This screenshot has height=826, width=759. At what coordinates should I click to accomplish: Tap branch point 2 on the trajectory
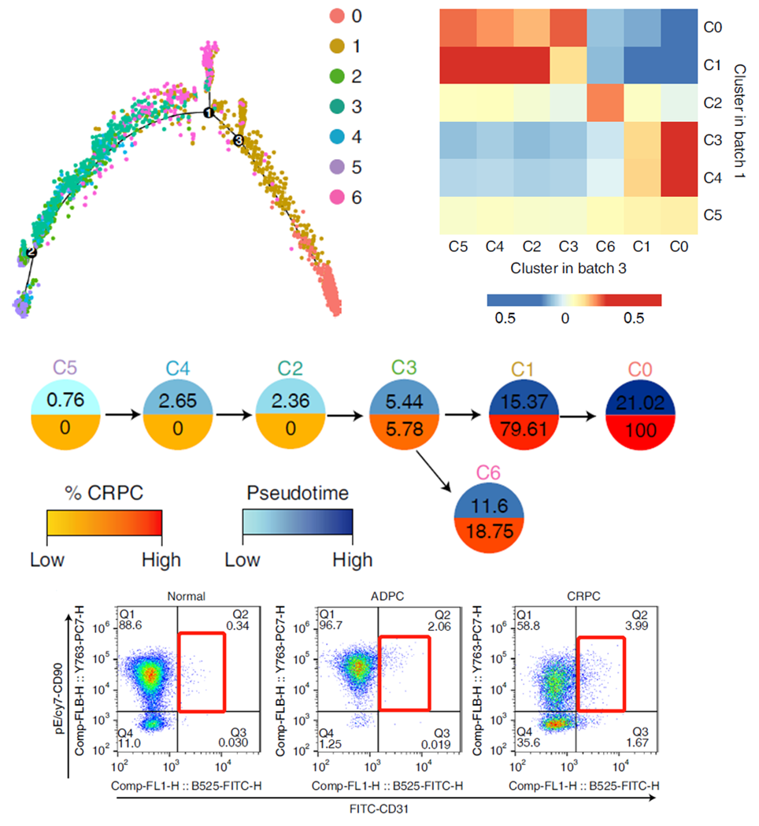(31, 252)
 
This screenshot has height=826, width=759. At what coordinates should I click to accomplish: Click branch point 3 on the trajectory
(238, 140)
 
